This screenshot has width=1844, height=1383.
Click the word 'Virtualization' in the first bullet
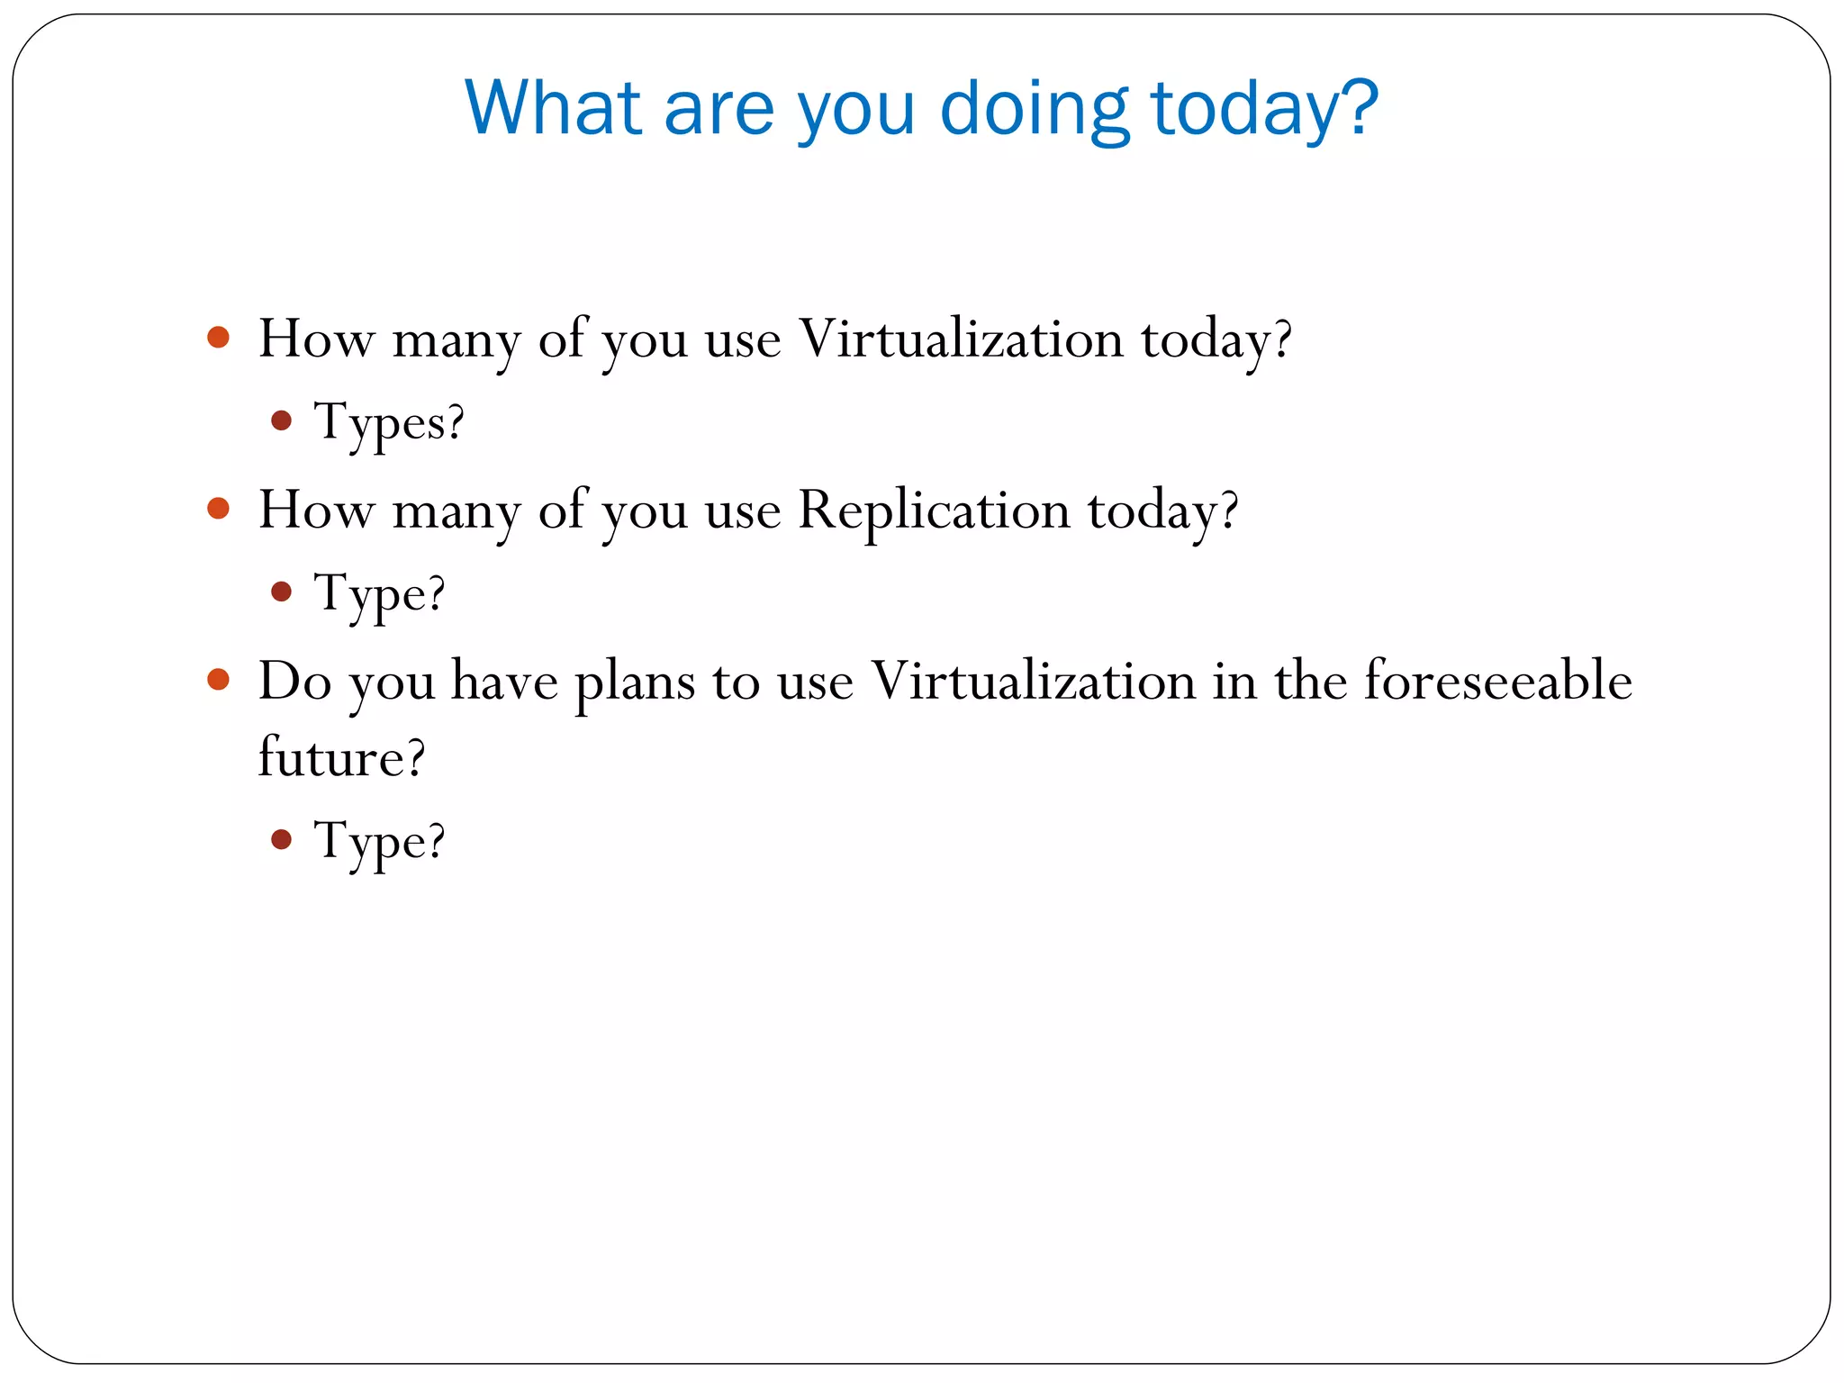pos(961,339)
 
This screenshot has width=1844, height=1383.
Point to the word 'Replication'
pos(934,511)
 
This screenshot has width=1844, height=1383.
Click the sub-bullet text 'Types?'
pos(389,422)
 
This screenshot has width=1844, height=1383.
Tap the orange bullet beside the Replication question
pos(219,509)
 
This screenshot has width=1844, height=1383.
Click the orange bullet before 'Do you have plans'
pos(219,679)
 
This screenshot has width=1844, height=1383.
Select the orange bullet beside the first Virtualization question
pos(219,338)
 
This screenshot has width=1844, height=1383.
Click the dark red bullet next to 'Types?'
pos(282,420)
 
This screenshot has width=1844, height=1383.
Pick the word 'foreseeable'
pos(1497,681)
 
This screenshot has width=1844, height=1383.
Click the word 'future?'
pos(341,757)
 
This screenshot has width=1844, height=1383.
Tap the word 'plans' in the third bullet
pos(636,682)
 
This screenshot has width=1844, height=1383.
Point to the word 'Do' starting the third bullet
pos(294,681)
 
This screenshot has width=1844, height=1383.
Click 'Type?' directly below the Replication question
pos(379,593)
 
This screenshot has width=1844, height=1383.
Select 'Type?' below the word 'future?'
pos(379,841)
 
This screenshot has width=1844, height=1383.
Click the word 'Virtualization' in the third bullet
pos(1034,681)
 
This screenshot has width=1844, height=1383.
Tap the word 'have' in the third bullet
pos(504,681)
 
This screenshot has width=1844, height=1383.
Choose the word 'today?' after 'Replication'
pos(1163,511)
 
